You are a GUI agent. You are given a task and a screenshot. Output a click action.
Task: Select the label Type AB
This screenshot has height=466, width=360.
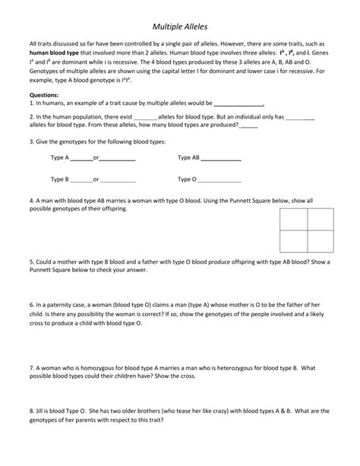point(188,158)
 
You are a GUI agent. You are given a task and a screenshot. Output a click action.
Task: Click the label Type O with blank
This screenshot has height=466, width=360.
point(187,179)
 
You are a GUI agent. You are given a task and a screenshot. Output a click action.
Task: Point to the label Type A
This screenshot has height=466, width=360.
point(60,158)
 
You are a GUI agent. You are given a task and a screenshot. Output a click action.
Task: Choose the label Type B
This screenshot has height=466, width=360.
point(60,179)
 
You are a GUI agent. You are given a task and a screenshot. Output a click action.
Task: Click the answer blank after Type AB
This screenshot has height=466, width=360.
point(221,159)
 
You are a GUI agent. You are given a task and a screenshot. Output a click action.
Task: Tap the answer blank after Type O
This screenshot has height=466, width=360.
point(219,181)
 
